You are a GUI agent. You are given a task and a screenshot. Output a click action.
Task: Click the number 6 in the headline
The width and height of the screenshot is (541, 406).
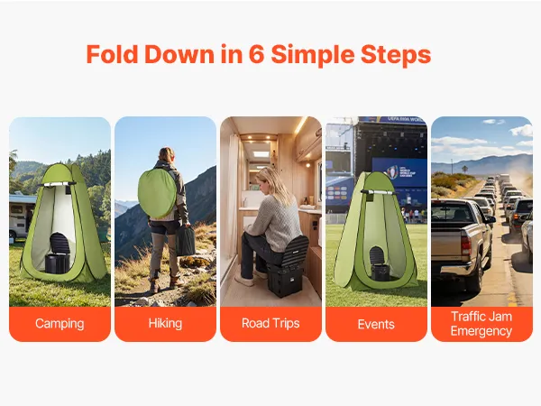[x=256, y=54]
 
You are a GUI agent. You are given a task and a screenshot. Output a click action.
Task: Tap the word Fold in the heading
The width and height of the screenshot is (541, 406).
[x=112, y=54]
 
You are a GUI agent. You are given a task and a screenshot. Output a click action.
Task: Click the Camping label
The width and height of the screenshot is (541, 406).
[x=60, y=324]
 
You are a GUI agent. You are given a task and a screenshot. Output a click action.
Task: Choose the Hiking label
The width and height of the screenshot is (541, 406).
[x=165, y=324]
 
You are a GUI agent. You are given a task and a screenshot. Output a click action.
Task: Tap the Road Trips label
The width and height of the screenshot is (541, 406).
[x=270, y=324]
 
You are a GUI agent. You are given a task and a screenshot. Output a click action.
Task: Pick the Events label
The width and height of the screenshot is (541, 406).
[x=376, y=324]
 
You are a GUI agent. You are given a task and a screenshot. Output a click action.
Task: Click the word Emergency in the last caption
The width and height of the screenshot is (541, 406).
[x=481, y=331]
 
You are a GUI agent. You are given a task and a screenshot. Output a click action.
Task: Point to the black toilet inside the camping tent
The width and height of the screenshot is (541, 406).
[x=57, y=253]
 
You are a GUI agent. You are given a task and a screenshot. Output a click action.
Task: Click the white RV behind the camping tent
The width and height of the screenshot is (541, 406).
[x=22, y=216]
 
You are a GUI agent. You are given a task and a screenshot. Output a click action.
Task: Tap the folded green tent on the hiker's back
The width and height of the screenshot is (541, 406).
[x=157, y=194]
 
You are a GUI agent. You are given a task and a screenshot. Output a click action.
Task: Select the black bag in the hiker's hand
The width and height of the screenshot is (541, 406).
[x=185, y=240]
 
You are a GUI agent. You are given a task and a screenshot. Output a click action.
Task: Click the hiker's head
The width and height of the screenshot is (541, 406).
[x=167, y=154]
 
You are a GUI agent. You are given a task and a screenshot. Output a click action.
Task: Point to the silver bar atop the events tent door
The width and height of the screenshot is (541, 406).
[x=377, y=192]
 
